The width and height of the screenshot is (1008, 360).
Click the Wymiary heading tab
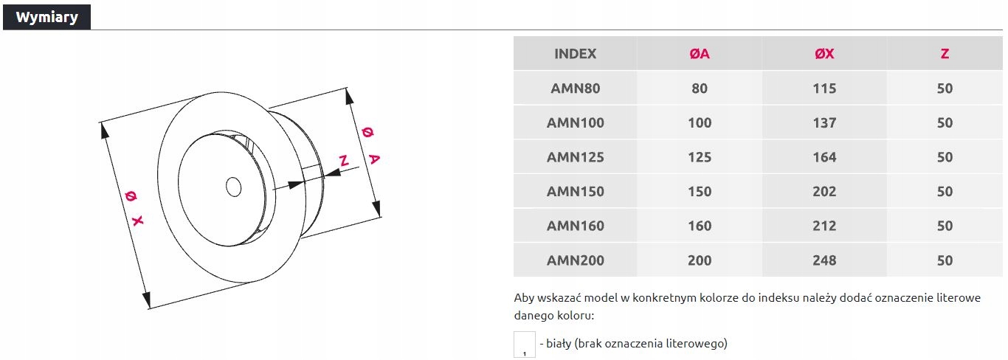coord(46,18)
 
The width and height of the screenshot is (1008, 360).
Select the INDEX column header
coord(575,54)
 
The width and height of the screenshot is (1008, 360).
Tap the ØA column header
coord(699,54)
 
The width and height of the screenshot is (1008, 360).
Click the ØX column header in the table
coord(824,54)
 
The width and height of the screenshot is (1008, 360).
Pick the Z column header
coord(945,54)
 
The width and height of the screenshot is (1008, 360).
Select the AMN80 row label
coord(575,89)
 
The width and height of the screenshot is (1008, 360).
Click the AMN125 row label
coord(575,157)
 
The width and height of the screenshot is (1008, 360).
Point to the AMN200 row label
coord(575,260)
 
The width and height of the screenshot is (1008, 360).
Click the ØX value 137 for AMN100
coord(824,122)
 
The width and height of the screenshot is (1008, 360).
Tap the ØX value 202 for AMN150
coord(824,192)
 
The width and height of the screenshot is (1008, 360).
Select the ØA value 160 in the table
coord(699,226)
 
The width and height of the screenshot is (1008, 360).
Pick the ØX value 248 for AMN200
coord(824,260)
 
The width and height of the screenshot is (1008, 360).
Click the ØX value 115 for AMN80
coord(824,89)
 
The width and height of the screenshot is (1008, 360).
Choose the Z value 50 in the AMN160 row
coord(945,226)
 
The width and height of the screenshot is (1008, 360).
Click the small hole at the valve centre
coord(234,187)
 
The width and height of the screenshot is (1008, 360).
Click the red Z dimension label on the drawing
coord(342,161)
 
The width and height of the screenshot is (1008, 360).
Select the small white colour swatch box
coord(524,345)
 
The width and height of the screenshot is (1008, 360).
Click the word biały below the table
coord(559,344)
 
